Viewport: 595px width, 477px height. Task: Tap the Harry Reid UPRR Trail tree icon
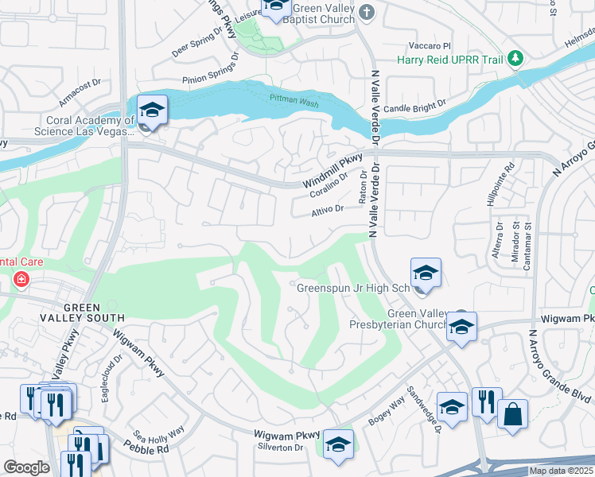(x=516, y=58)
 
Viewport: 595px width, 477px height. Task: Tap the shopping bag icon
(x=512, y=414)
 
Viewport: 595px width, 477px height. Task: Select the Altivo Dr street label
(x=327, y=210)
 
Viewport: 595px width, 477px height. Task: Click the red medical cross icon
(x=20, y=280)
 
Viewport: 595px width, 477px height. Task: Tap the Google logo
(x=26, y=467)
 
